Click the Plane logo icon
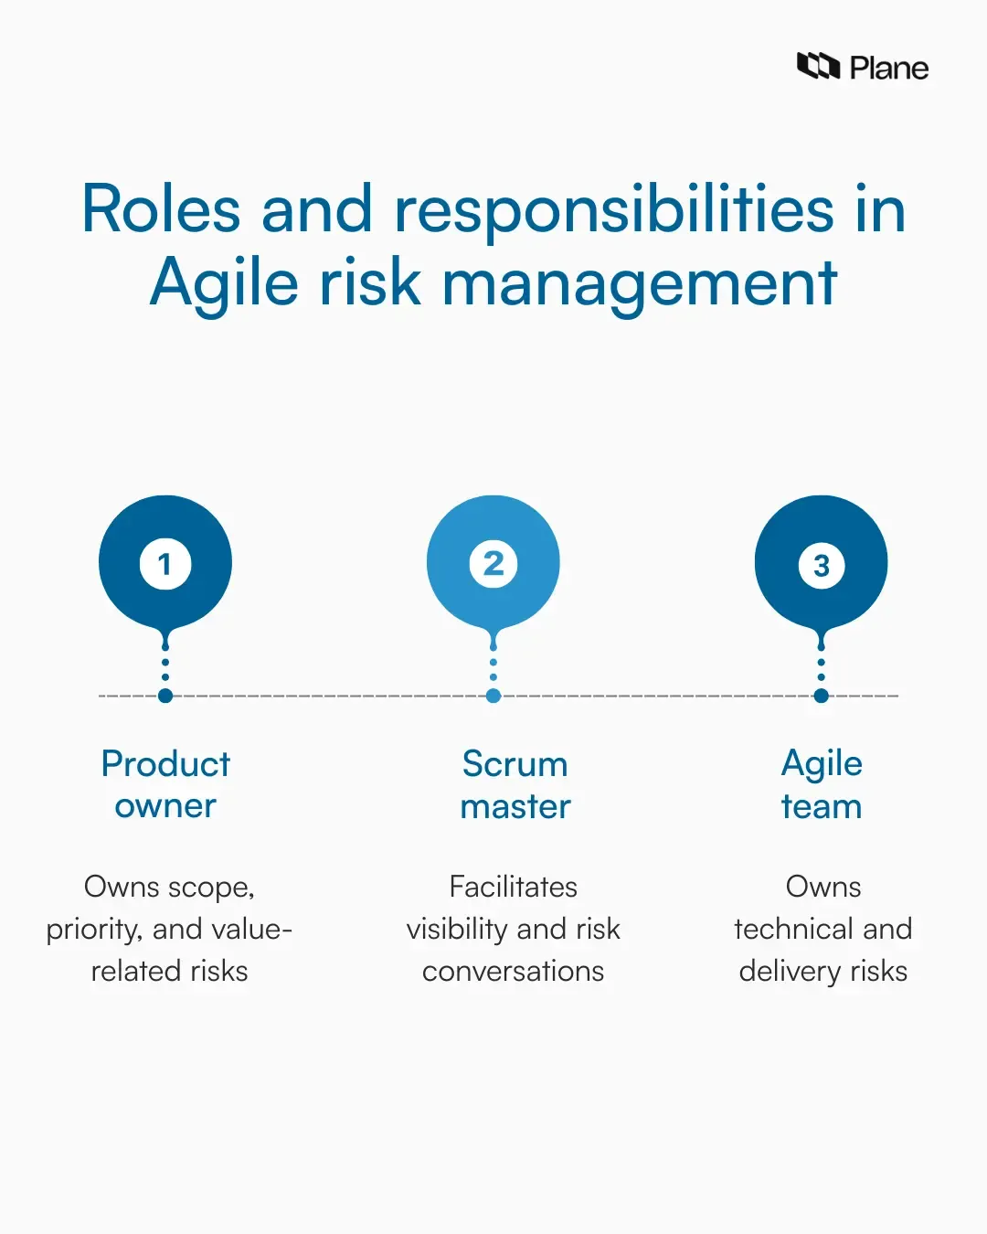pyautogui.click(x=818, y=67)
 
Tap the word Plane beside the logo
pyautogui.click(x=888, y=69)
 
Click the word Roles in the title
pyautogui.click(x=161, y=209)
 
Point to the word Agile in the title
pyautogui.click(x=224, y=283)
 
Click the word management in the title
pyautogui.click(x=640, y=283)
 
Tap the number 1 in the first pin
pyautogui.click(x=165, y=564)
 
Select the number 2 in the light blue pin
pyautogui.click(x=493, y=564)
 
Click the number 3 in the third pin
pyautogui.click(x=822, y=566)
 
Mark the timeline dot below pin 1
pyautogui.click(x=165, y=696)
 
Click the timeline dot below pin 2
pyautogui.click(x=493, y=696)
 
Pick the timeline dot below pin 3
pyautogui.click(x=822, y=696)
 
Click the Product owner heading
pyautogui.click(x=165, y=784)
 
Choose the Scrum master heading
pyautogui.click(x=515, y=784)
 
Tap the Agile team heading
pyautogui.click(x=822, y=784)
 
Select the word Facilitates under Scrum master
pyautogui.click(x=514, y=887)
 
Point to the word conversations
pyautogui.click(x=513, y=971)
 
